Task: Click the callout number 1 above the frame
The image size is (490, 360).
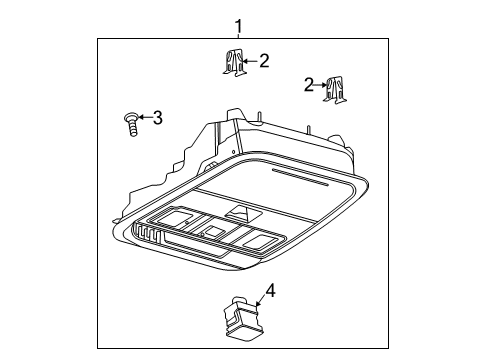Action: pos(238,23)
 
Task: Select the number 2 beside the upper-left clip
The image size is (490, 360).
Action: pos(264,62)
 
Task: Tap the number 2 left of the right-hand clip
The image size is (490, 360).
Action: pos(309,86)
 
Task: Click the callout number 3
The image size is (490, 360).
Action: pos(157,118)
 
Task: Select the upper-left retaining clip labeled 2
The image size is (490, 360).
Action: pos(232,63)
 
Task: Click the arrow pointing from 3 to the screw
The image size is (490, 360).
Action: pos(143,118)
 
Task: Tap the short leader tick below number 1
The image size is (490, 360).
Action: pos(238,35)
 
